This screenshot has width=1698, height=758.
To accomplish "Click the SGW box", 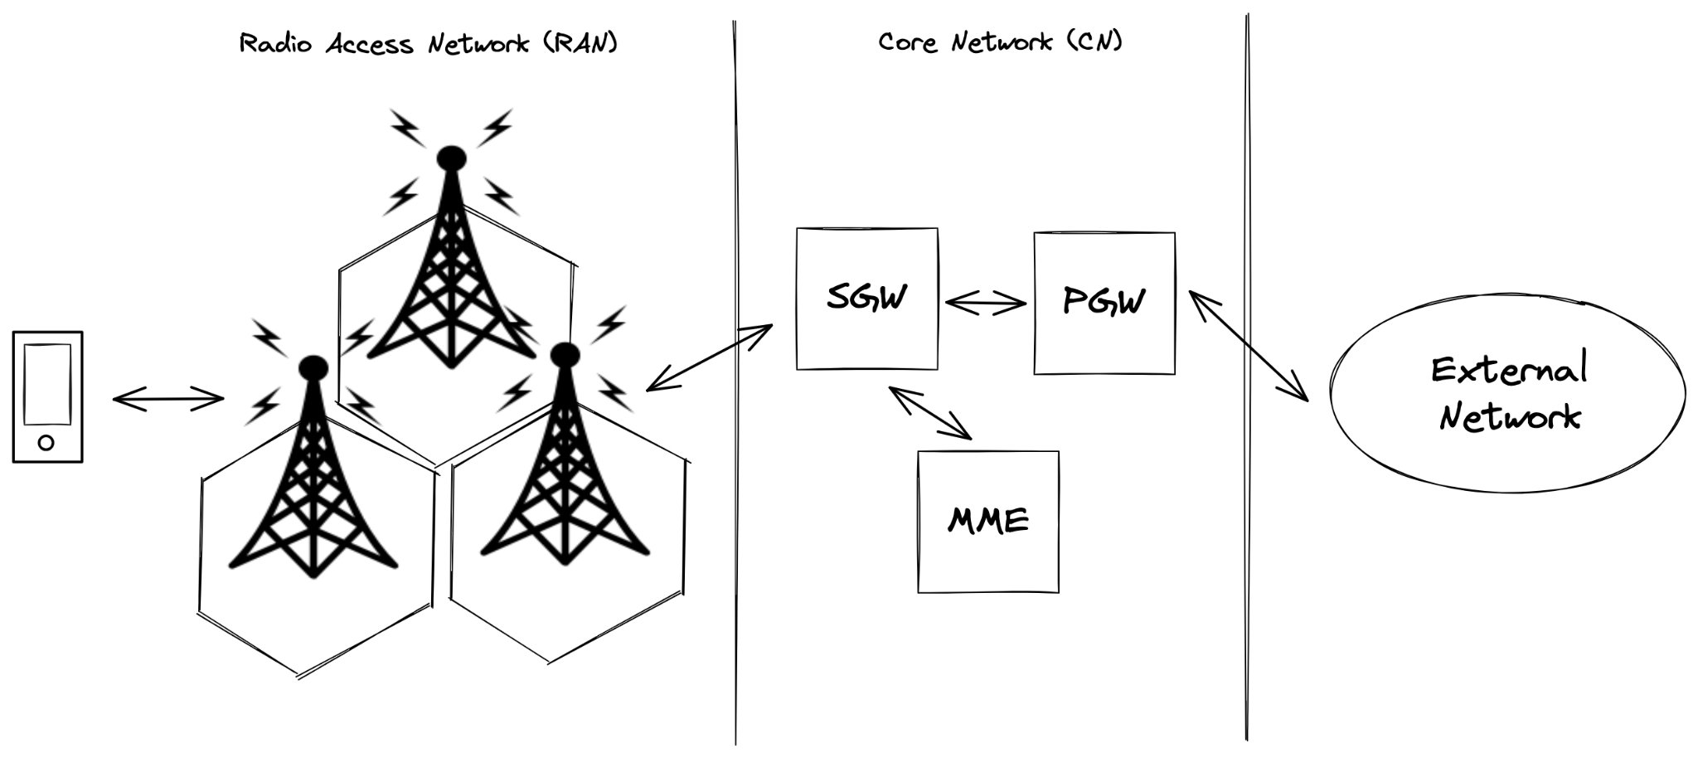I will click(x=866, y=299).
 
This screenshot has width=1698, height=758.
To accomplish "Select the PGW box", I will click(x=1104, y=304).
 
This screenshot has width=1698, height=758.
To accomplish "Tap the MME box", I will click(x=987, y=522).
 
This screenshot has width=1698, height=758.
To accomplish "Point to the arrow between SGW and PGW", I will click(x=985, y=304).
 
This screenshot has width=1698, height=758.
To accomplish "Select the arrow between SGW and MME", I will click(x=929, y=412).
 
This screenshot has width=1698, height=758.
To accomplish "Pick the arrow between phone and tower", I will click(x=168, y=400).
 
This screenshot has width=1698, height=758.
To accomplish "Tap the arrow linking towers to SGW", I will click(x=709, y=357).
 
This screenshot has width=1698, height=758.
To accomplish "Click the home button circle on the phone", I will click(x=46, y=442).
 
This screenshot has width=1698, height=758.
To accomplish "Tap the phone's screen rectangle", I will click(x=47, y=384).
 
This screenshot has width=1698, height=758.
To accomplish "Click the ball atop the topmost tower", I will click(x=451, y=158).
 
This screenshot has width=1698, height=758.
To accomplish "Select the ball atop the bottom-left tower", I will click(x=313, y=367).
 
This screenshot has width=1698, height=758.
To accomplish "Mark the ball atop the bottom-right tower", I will click(x=565, y=355).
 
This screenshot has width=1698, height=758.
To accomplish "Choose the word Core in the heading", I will click(x=907, y=42).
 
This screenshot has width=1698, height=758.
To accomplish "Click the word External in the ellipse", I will click(x=1508, y=370).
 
